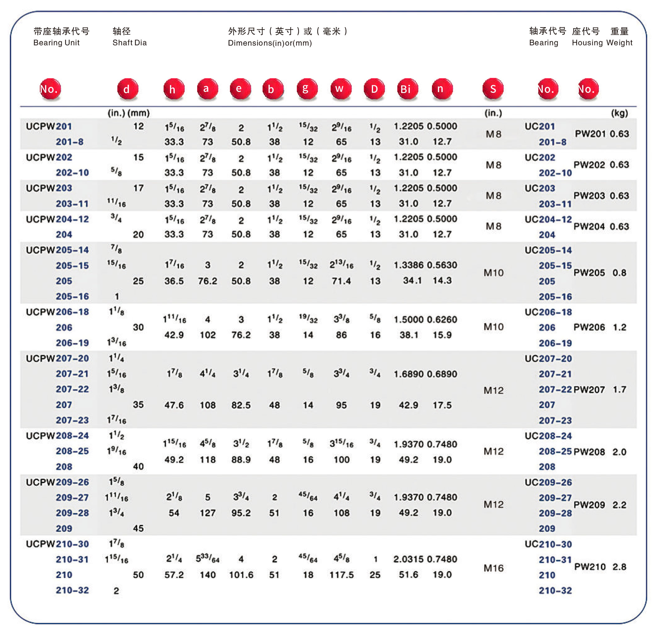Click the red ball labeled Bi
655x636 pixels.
pyautogui.click(x=407, y=89)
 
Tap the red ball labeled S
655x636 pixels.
pyautogui.click(x=493, y=89)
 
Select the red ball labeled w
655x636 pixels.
pyautogui.click(x=341, y=89)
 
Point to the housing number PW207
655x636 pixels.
pyautogui.click(x=589, y=390)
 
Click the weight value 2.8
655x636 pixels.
pyautogui.click(x=619, y=567)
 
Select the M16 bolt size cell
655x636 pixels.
pyautogui.click(x=493, y=568)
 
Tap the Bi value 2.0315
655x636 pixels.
pyautogui.click(x=408, y=559)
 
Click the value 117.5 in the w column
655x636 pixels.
pyautogui.click(x=342, y=575)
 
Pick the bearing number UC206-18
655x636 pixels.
pyautogui.click(x=548, y=312)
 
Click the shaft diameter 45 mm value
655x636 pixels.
pyautogui.click(x=138, y=528)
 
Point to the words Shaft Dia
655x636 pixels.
pyautogui.click(x=130, y=43)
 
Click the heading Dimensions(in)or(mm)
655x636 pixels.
pyautogui.click(x=270, y=43)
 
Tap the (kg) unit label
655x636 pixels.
pyautogui.click(x=619, y=113)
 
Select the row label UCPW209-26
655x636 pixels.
pyautogui.click(x=57, y=482)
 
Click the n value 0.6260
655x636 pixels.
pyautogui.click(x=442, y=319)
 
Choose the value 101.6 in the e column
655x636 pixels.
pyautogui.click(x=241, y=575)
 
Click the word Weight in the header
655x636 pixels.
pyautogui.click(x=619, y=43)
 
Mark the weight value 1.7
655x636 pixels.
pyautogui.click(x=619, y=389)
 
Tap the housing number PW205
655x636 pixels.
pyautogui.click(x=589, y=273)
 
